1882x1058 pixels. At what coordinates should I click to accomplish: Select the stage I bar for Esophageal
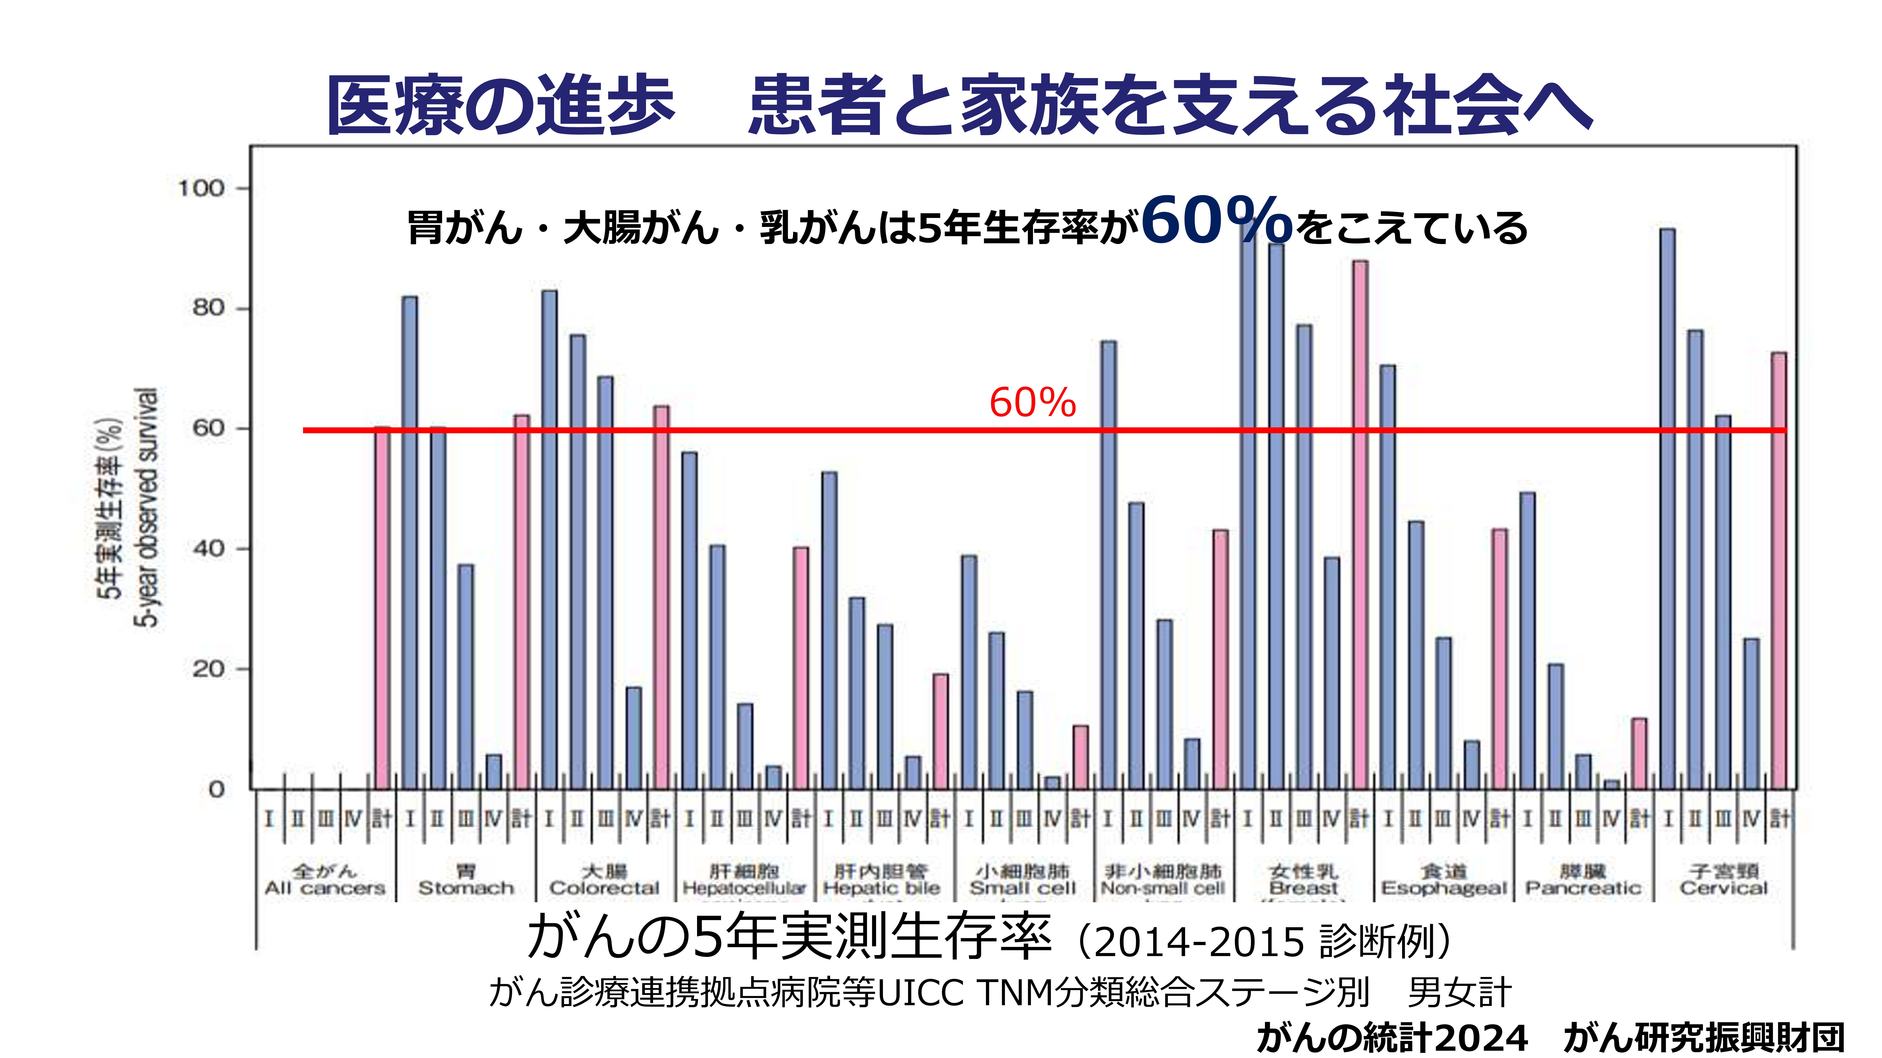click(1388, 577)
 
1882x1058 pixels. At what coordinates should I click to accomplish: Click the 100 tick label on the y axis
click(201, 188)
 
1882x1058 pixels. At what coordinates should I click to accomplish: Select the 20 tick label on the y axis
click(208, 669)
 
